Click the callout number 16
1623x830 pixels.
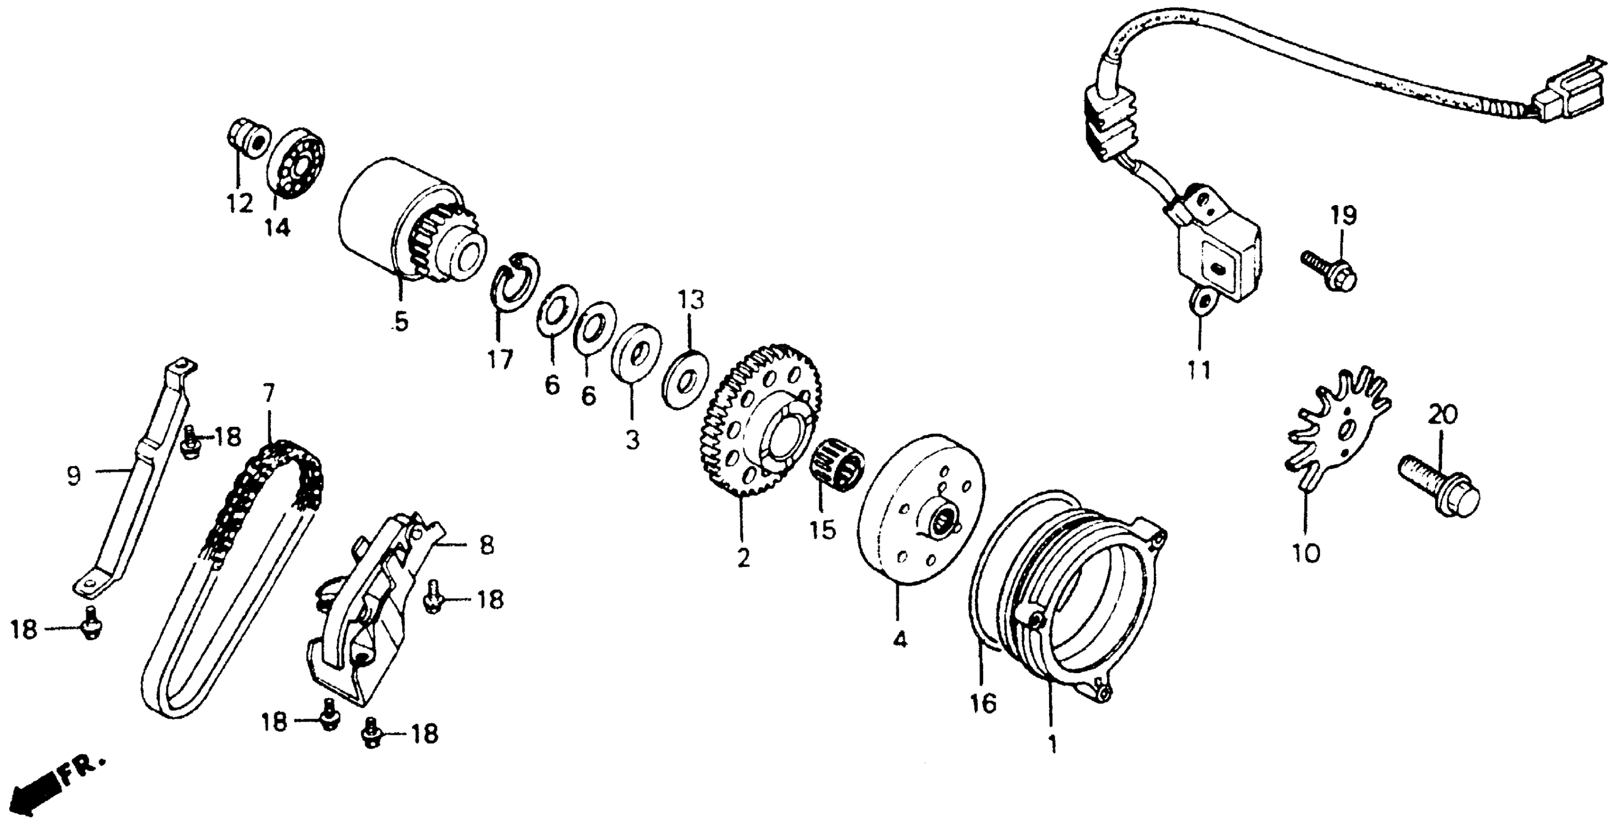984,704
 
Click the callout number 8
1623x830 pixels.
486,546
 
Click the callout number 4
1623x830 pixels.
900,640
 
